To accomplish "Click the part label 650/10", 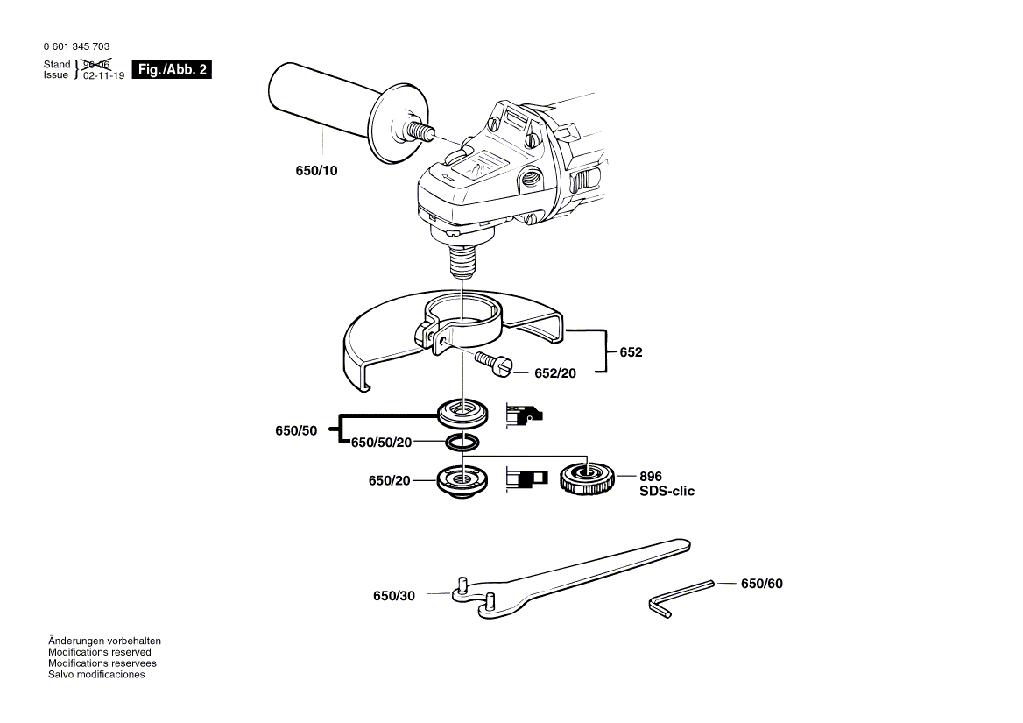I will click(315, 170).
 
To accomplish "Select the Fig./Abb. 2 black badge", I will click(172, 69).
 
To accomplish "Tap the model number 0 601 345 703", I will click(76, 46).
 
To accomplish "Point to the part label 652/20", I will click(556, 373).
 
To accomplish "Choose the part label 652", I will click(631, 352).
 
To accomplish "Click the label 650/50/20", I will click(381, 443).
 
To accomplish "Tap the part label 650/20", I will click(390, 480).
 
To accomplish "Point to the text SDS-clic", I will click(667, 492).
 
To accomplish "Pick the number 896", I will click(651, 477).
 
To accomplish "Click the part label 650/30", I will click(394, 596).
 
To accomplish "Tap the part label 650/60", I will click(762, 584).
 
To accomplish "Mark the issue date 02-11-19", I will click(103, 76).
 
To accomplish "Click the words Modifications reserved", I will click(99, 652).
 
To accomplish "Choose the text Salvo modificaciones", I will click(96, 675).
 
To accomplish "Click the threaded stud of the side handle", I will click(422, 132).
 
